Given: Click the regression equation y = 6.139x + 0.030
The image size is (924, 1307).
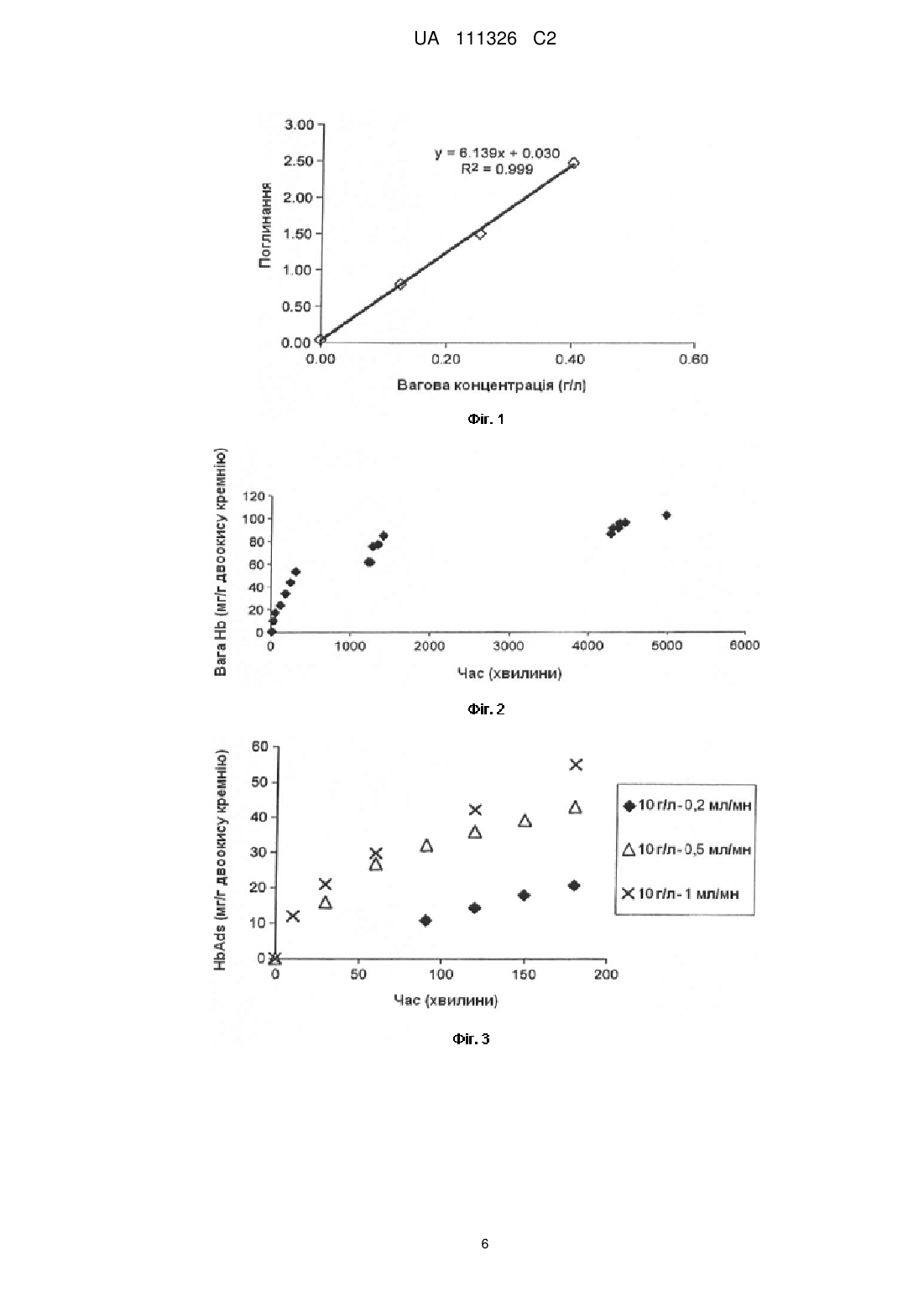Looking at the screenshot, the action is pos(497,154).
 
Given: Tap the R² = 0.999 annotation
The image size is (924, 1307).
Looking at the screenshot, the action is pos(497,170).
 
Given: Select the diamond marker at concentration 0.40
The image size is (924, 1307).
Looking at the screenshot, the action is pos(573,163).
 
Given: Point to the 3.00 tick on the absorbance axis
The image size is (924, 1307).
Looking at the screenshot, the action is pos(299,124).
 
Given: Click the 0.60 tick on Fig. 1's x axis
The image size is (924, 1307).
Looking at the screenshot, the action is pos(693,358).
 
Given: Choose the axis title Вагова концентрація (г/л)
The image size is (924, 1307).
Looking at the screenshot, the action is pos(491,385).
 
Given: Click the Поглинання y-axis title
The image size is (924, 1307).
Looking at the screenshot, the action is pos(265,225).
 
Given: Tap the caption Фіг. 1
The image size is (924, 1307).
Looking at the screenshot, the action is pos(485,419).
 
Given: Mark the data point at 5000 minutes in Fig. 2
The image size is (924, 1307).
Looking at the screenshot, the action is pos(666,515).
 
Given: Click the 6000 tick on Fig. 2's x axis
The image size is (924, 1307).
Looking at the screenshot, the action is pos(745,645).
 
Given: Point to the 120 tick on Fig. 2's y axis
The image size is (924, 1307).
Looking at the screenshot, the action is pos(253,496).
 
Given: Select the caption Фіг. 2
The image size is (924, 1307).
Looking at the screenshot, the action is pos(486,709).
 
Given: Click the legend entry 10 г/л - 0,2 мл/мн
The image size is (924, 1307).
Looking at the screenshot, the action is pos(687,805).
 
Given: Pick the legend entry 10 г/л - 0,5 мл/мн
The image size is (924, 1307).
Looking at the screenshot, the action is pos(687,849).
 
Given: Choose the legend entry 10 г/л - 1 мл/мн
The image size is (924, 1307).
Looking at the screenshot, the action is pos(680,893).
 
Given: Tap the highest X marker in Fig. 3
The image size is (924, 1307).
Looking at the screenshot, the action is pos(576,765).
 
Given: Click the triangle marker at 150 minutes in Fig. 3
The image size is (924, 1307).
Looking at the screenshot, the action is pos(525,821).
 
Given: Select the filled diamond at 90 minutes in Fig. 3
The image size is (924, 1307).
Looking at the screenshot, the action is pos(425,921).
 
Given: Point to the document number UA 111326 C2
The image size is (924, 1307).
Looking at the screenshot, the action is pos(485,39).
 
